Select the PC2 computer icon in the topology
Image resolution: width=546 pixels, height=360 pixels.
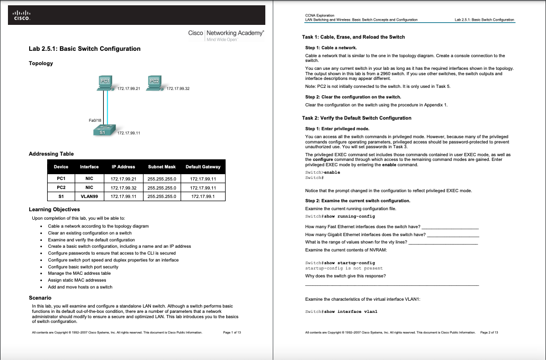154,83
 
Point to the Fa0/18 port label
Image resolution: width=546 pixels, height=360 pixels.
95,120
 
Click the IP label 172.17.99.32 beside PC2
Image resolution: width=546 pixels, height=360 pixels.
178,89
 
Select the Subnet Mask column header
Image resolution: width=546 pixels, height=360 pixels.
162,167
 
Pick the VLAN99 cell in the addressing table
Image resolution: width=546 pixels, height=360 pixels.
89,196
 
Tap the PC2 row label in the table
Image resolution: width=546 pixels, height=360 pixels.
61,187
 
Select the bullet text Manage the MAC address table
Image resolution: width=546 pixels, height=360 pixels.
79,273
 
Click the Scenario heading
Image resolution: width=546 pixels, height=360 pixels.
40,298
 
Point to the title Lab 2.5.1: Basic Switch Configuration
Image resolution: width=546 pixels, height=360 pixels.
84,49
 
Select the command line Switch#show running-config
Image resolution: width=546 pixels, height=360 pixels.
340,216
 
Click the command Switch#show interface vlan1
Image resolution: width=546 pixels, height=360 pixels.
341,311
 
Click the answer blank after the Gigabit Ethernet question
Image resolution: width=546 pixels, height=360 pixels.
453,234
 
